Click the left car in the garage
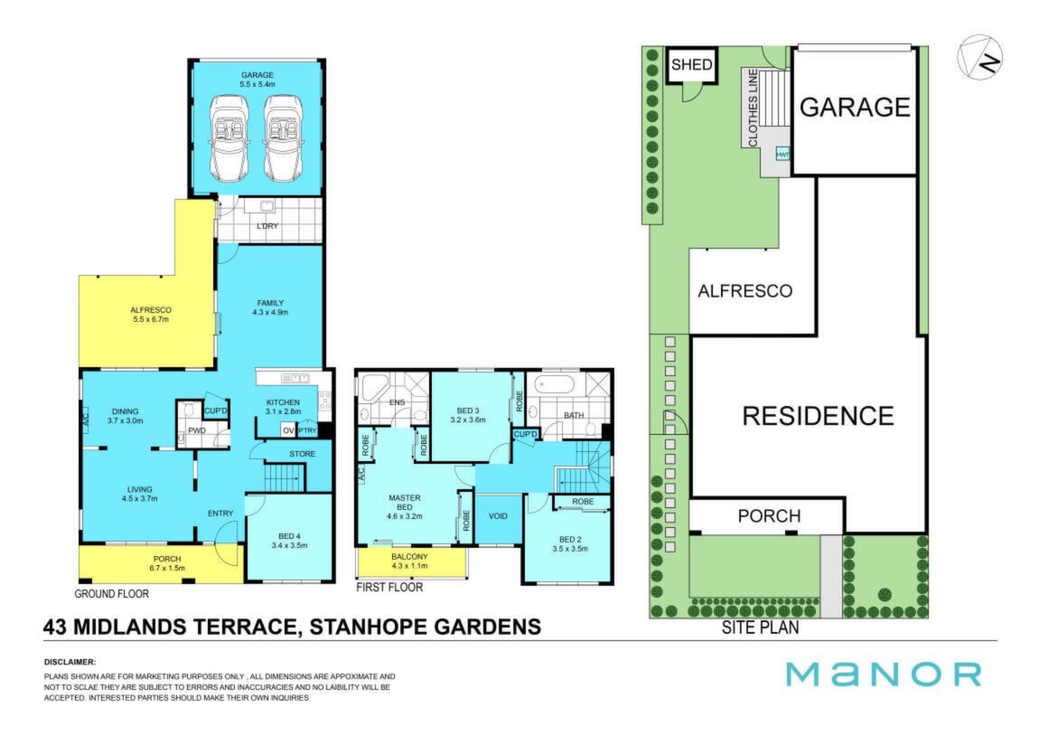(229, 138)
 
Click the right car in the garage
(283, 138)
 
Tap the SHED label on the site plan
(692, 65)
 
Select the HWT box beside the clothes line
(782, 155)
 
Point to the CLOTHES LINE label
(753, 108)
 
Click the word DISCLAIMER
(70, 662)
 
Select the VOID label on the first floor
(499, 516)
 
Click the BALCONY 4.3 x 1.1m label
(409, 561)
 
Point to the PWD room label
(197, 430)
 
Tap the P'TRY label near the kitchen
(307, 430)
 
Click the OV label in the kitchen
(288, 430)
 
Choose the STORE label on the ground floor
(302, 454)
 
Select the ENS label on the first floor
(397, 402)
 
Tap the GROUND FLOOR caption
(111, 593)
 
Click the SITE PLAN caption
(760, 627)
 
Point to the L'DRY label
(267, 226)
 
